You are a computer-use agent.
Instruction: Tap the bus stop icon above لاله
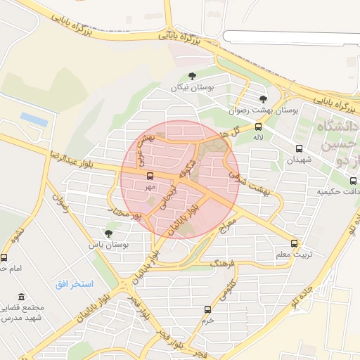[x=258, y=127]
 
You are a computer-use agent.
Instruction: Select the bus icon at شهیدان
[x=300, y=149]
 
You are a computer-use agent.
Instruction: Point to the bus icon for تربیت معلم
[x=294, y=243]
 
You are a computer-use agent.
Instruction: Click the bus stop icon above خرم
[x=207, y=309]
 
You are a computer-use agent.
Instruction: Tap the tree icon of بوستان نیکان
[x=192, y=77]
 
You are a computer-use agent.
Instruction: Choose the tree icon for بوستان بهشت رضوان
[x=263, y=99]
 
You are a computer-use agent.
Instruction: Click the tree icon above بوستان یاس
[x=108, y=233]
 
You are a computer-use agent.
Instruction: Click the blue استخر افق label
[x=73, y=283]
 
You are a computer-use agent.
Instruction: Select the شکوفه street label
[x=184, y=166]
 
